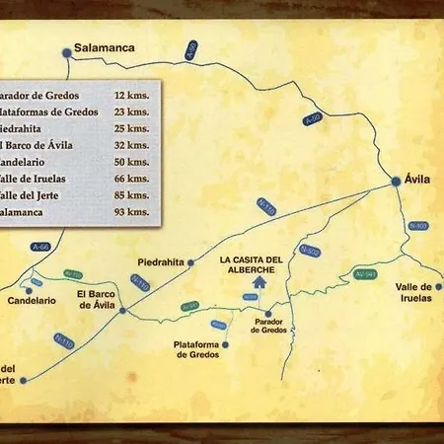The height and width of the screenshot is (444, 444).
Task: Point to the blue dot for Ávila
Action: [x=396, y=181]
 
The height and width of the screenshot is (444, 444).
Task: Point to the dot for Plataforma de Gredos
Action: [x=227, y=345]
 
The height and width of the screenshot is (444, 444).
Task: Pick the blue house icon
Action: [x=259, y=282]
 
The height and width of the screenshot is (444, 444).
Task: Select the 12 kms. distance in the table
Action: [x=131, y=97]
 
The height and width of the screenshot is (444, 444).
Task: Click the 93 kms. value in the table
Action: [x=131, y=211]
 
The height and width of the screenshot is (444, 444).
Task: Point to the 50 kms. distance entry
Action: [x=131, y=162]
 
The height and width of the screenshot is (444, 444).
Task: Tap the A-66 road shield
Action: [x=40, y=247]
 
